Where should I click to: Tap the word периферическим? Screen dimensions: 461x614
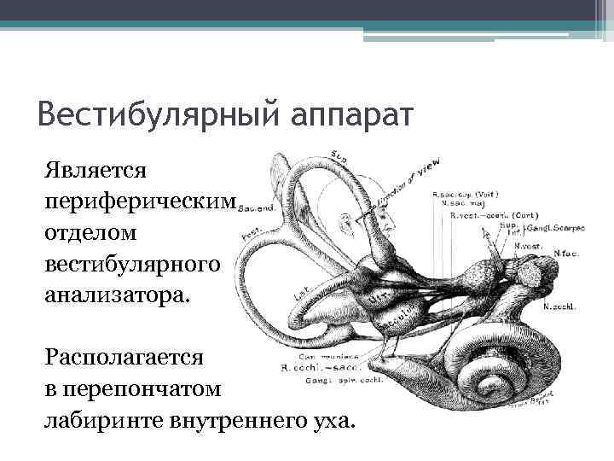141,200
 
